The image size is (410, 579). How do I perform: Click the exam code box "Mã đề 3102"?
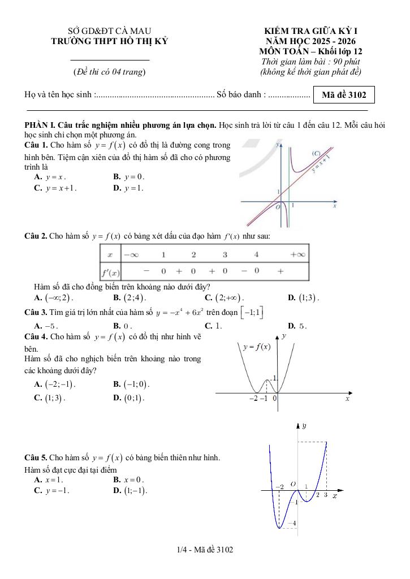pyautogui.click(x=344, y=95)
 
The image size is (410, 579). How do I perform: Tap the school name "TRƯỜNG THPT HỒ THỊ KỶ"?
pyautogui.click(x=109, y=41)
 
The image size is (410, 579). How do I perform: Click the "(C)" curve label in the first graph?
pyautogui.click(x=316, y=154)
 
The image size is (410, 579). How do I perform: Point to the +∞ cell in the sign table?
pyautogui.click(x=297, y=255)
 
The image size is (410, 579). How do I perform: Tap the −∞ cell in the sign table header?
pyautogui.click(x=131, y=255)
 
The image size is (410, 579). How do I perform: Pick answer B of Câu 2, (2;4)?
pyautogui.click(x=130, y=297)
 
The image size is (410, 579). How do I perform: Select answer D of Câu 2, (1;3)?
pyautogui.click(x=303, y=297)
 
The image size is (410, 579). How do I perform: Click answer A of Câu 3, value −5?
pyautogui.click(x=46, y=326)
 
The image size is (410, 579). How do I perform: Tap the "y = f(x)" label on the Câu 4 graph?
pyautogui.click(x=256, y=347)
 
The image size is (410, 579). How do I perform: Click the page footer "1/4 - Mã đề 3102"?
pyautogui.click(x=205, y=550)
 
